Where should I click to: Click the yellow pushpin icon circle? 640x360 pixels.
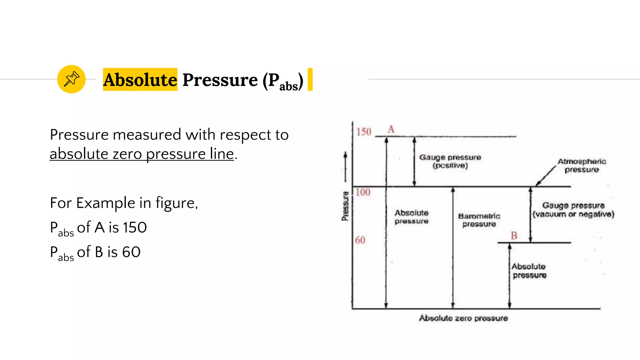point(71,79)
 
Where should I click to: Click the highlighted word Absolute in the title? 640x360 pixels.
point(140,80)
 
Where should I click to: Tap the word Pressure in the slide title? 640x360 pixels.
point(220,80)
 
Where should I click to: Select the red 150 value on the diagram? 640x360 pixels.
point(364,132)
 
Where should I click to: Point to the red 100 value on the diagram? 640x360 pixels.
point(363,192)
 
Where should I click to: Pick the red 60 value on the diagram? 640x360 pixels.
point(360,240)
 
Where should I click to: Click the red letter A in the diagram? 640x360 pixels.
point(391,129)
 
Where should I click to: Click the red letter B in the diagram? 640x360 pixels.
point(514,235)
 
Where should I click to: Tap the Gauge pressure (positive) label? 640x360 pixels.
point(450,161)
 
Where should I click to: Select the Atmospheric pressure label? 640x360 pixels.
point(582,166)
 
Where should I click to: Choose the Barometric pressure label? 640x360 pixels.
point(479,220)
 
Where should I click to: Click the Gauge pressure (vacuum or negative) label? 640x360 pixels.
point(573,210)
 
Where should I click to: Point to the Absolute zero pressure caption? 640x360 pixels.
point(463,318)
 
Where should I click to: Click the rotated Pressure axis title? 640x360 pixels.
point(345,206)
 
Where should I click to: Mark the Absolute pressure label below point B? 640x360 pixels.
point(529,271)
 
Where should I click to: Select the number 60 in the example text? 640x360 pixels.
point(131,252)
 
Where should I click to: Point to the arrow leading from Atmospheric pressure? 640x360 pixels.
point(546,176)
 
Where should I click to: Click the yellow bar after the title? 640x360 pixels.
point(310,79)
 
